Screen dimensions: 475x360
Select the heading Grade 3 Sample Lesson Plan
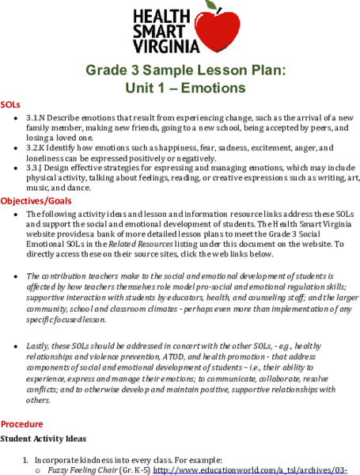point(180,70)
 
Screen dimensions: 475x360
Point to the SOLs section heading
point(10,104)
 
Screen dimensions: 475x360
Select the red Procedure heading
point(23,424)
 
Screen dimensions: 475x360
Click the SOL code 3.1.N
point(37,116)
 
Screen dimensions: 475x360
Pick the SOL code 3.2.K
point(37,147)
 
